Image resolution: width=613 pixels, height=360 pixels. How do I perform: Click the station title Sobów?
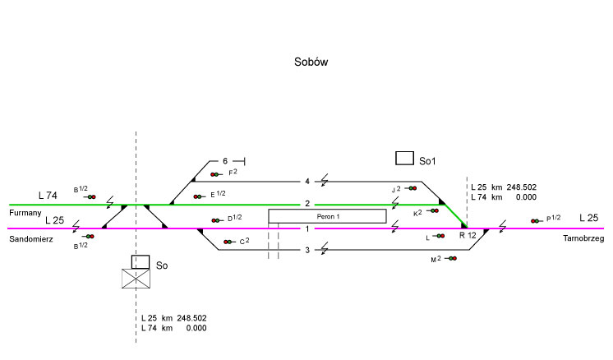[x=311, y=62]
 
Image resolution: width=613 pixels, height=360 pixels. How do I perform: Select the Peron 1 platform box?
[x=327, y=216]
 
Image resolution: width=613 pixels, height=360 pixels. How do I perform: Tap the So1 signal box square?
[x=404, y=158]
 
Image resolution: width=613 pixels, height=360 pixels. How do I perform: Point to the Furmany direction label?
[x=25, y=213]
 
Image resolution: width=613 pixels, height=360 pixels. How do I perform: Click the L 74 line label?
[x=48, y=196]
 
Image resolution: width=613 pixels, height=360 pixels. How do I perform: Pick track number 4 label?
[x=307, y=181]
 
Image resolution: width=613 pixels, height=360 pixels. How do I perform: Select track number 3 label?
[x=307, y=250]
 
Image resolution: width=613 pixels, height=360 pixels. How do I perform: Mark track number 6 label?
[x=224, y=160]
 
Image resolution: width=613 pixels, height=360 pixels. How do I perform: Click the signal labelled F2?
[x=215, y=174]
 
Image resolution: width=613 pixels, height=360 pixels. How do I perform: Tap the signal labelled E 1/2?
[x=198, y=196]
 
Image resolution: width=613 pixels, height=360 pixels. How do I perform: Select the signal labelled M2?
[x=451, y=259]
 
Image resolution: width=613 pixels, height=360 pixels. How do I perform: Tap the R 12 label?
[x=467, y=236]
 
